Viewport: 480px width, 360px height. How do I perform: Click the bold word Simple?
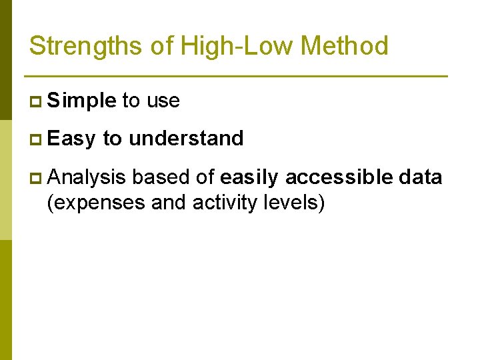pos(82,101)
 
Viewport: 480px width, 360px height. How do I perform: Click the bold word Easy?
pos(72,139)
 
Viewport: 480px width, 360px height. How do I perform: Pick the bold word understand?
pos(186,139)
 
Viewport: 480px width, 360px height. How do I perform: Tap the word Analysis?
pos(87,177)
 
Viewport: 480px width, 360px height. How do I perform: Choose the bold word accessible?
pos(339,177)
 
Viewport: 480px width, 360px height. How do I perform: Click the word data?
pos(420,177)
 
